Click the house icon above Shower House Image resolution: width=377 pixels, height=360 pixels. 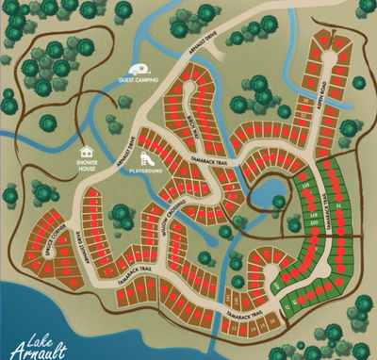87,149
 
